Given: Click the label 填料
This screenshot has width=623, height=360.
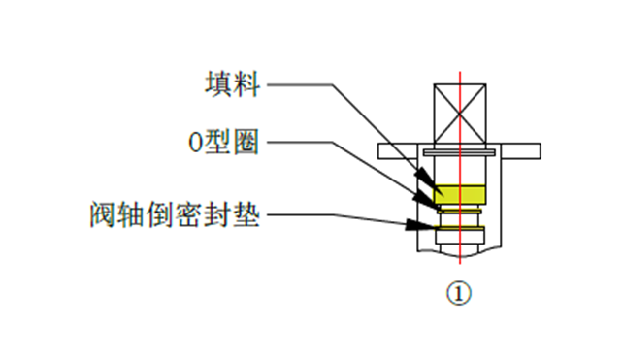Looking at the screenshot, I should coord(234,84).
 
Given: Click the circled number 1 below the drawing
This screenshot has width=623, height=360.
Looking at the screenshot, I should coord(458,291).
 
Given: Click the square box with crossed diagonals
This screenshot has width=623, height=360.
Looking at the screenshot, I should coord(459,114).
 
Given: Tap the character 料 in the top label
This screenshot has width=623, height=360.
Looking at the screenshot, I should coord(248,84).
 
